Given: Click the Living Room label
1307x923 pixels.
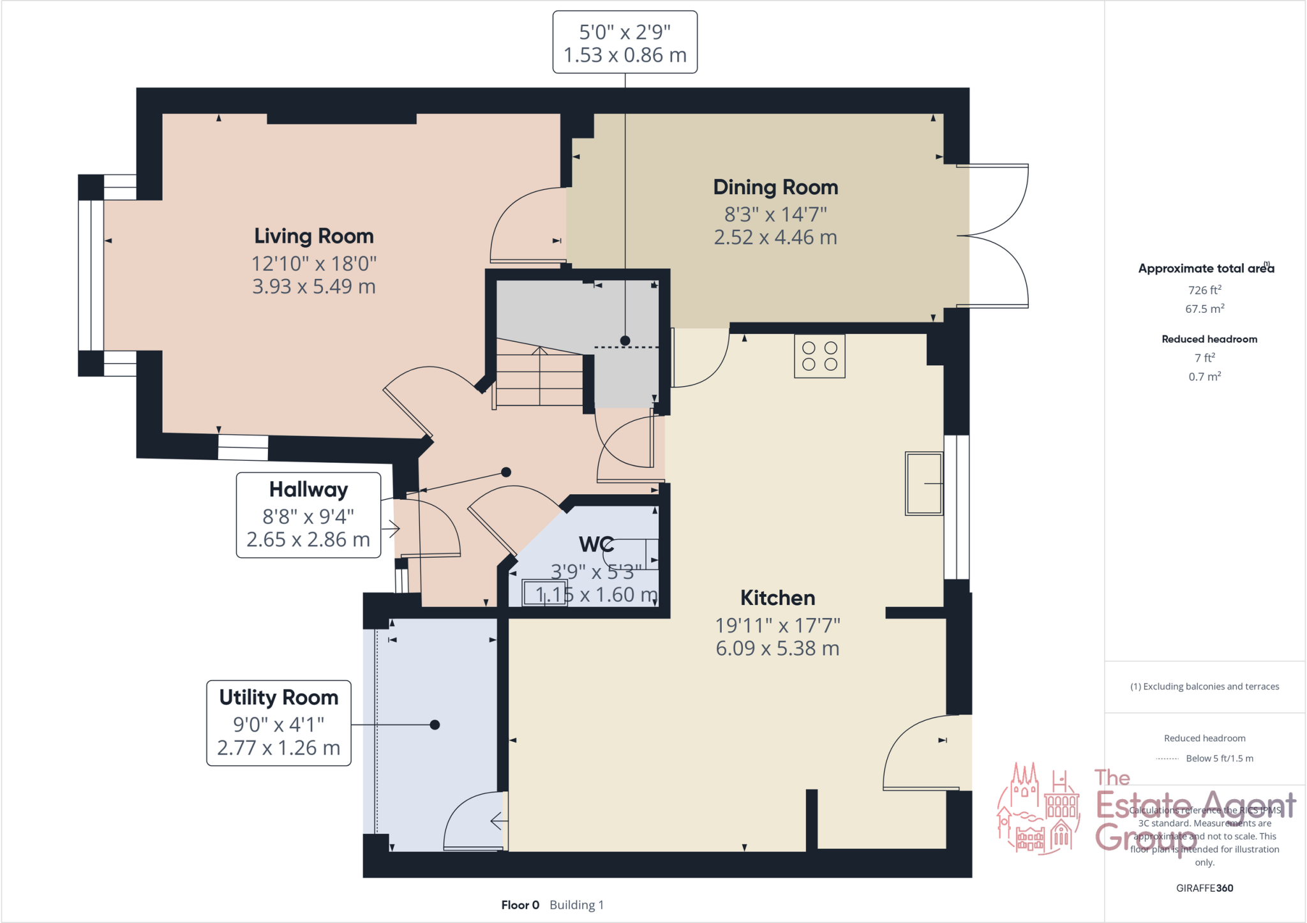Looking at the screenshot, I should click(313, 236).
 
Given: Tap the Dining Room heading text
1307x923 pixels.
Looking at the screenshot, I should click(775, 188).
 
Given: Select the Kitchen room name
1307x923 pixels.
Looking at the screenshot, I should click(777, 598).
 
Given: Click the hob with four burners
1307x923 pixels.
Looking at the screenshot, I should click(819, 356).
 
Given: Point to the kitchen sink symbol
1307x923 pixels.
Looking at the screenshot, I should click(923, 483).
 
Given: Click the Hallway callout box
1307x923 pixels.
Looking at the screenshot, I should click(308, 515).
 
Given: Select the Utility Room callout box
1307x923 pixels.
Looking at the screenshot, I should click(279, 723).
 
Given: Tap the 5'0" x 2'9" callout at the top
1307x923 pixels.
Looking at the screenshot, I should click(624, 43).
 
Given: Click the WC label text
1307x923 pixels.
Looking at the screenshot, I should click(595, 544).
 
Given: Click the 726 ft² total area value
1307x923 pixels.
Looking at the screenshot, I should click(1204, 290).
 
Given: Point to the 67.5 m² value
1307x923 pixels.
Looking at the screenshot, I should click(1204, 309).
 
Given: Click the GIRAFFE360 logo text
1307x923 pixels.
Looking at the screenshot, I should click(1204, 888).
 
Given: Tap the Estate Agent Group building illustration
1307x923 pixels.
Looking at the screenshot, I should click(1038, 809).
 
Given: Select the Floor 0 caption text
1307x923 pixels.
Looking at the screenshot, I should click(520, 905).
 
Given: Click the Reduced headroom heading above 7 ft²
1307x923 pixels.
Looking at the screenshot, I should click(1209, 339).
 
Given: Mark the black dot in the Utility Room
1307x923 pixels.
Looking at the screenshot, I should click(435, 724).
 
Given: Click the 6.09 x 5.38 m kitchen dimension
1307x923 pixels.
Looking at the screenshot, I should click(777, 649).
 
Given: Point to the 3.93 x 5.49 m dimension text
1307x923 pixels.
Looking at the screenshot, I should click(313, 287).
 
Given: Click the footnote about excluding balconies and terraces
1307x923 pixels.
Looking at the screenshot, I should click(1204, 687).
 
